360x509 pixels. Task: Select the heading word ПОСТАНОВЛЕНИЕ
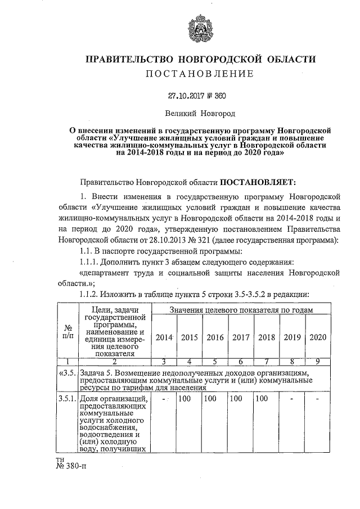tap(200, 74)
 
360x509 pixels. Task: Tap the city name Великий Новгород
tap(200, 114)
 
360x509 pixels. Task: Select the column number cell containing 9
tap(318, 362)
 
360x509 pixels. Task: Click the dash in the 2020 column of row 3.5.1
tap(318, 399)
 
